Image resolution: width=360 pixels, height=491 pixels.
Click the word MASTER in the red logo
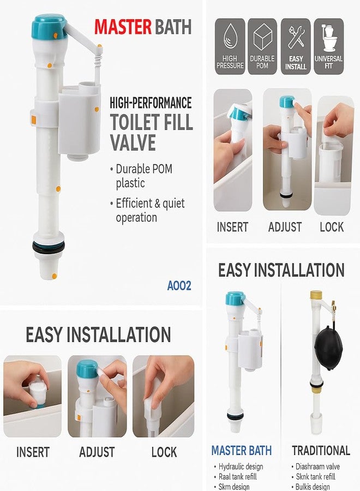tap(122, 26)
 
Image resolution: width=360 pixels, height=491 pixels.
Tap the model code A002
tap(179, 285)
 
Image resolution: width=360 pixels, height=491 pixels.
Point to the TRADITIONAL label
tap(321, 451)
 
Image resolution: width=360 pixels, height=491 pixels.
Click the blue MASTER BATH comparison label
tap(241, 451)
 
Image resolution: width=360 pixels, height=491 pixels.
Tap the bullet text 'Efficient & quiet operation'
tap(150, 210)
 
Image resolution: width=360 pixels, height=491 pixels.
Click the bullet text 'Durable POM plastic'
tap(143, 176)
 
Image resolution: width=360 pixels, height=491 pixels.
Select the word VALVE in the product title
tap(133, 143)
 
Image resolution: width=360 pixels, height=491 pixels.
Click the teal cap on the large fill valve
tap(49, 26)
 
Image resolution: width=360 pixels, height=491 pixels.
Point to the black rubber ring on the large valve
tap(48, 248)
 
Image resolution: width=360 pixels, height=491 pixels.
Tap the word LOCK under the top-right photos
tap(332, 227)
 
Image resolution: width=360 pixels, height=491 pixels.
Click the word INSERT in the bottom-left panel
tap(33, 452)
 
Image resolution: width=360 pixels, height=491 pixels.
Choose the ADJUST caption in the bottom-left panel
tap(97, 452)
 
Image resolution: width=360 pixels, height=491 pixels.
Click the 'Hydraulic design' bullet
tap(240, 466)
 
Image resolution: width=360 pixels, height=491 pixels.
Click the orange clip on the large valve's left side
tap(32, 118)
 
